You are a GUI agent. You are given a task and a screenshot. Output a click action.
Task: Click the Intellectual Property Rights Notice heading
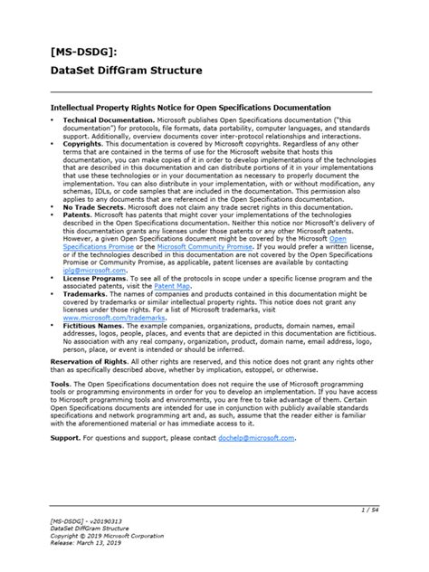[191, 107]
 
